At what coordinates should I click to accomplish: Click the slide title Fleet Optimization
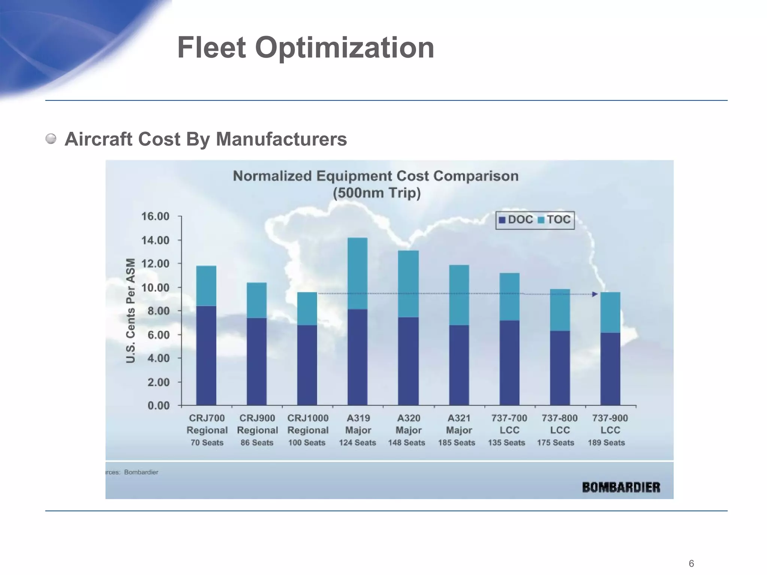tap(306, 48)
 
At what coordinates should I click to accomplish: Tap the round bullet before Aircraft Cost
tap(51, 139)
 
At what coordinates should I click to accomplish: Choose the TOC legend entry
tap(554, 220)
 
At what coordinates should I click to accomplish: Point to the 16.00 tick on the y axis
tap(155, 216)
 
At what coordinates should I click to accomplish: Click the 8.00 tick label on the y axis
tap(158, 311)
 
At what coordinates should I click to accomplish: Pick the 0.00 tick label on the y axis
tap(158, 406)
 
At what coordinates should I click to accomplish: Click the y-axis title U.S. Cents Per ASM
tap(130, 311)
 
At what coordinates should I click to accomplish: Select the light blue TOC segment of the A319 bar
tap(357, 273)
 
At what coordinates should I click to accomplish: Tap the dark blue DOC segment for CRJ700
tap(206, 356)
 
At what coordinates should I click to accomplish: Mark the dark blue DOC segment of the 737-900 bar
tap(610, 369)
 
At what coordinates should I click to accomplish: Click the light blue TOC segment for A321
tap(459, 295)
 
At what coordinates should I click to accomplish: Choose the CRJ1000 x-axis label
tap(308, 418)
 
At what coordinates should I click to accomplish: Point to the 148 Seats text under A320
tap(407, 443)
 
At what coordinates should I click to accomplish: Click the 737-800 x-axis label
tap(560, 418)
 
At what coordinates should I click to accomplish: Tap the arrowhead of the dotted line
tap(595, 294)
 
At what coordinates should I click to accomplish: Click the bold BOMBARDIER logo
tap(621, 487)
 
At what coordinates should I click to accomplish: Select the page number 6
tap(691, 563)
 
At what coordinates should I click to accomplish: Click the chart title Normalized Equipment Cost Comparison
tap(376, 176)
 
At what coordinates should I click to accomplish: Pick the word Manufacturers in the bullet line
tap(281, 139)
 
